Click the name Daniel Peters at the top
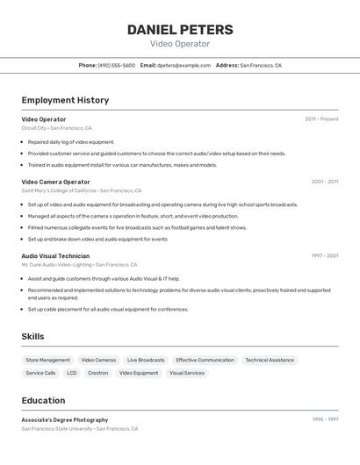180,30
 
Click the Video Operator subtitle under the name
180,44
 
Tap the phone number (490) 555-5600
117,65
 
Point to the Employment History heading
65,100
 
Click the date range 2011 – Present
321,118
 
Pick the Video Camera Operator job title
55,182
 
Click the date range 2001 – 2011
324,182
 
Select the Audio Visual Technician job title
55,255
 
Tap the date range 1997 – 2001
324,255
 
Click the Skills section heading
32,336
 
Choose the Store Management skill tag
47,360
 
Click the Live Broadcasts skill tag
146,360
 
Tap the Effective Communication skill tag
205,360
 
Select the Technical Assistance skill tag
270,360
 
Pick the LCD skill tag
72,373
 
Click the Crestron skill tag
98,373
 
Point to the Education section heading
43,400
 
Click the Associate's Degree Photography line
65,419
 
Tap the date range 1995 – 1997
325,419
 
